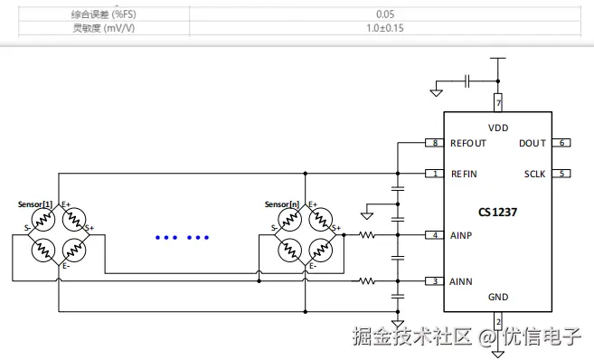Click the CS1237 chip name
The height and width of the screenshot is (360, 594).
coord(497,212)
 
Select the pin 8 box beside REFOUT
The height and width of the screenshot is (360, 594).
coord(435,143)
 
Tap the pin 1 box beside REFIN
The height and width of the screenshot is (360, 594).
coord(435,174)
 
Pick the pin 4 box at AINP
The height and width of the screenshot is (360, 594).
coord(435,235)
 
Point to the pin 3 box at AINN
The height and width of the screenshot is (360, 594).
coord(435,281)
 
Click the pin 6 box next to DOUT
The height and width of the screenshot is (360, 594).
coord(561,143)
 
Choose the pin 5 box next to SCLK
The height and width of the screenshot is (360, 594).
coord(561,174)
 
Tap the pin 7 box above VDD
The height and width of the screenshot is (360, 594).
coord(498,103)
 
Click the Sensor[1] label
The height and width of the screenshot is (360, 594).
coord(35,204)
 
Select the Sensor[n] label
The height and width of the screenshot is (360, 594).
coord(282,204)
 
